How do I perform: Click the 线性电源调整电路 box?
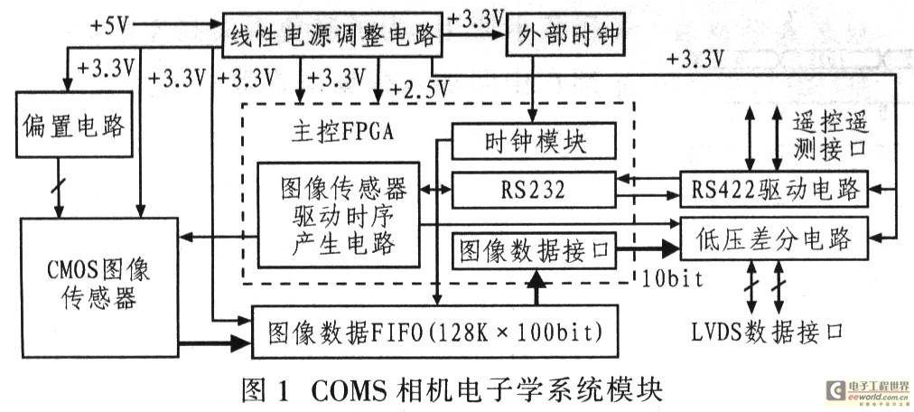click(332, 37)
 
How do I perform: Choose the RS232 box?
click(532, 190)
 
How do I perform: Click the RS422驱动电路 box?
click(774, 190)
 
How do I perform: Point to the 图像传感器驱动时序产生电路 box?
click(338, 215)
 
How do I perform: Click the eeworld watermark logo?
click(868, 390)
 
